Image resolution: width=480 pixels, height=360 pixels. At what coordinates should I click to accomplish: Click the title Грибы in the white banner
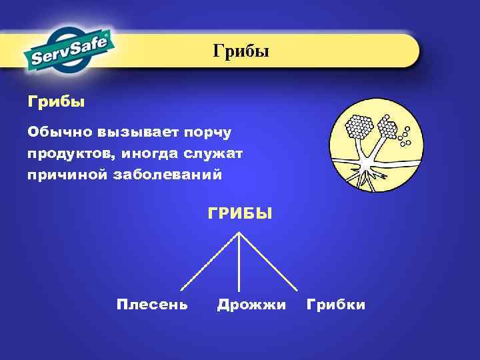[241, 51]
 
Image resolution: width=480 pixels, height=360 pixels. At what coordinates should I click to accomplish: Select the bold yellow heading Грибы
[56, 103]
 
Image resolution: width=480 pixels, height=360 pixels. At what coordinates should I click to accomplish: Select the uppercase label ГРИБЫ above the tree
[240, 214]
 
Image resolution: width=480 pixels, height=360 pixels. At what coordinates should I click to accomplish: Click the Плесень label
[152, 305]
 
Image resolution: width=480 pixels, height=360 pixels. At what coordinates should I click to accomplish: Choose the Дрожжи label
[251, 305]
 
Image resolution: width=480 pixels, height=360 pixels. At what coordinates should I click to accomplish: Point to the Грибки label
[335, 305]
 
